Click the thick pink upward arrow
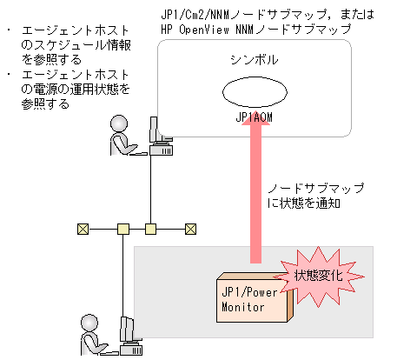click(x=255, y=191)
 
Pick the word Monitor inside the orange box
click(x=243, y=306)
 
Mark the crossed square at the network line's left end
click(x=83, y=230)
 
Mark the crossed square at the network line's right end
click(x=190, y=230)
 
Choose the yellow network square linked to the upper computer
click(x=150, y=230)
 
